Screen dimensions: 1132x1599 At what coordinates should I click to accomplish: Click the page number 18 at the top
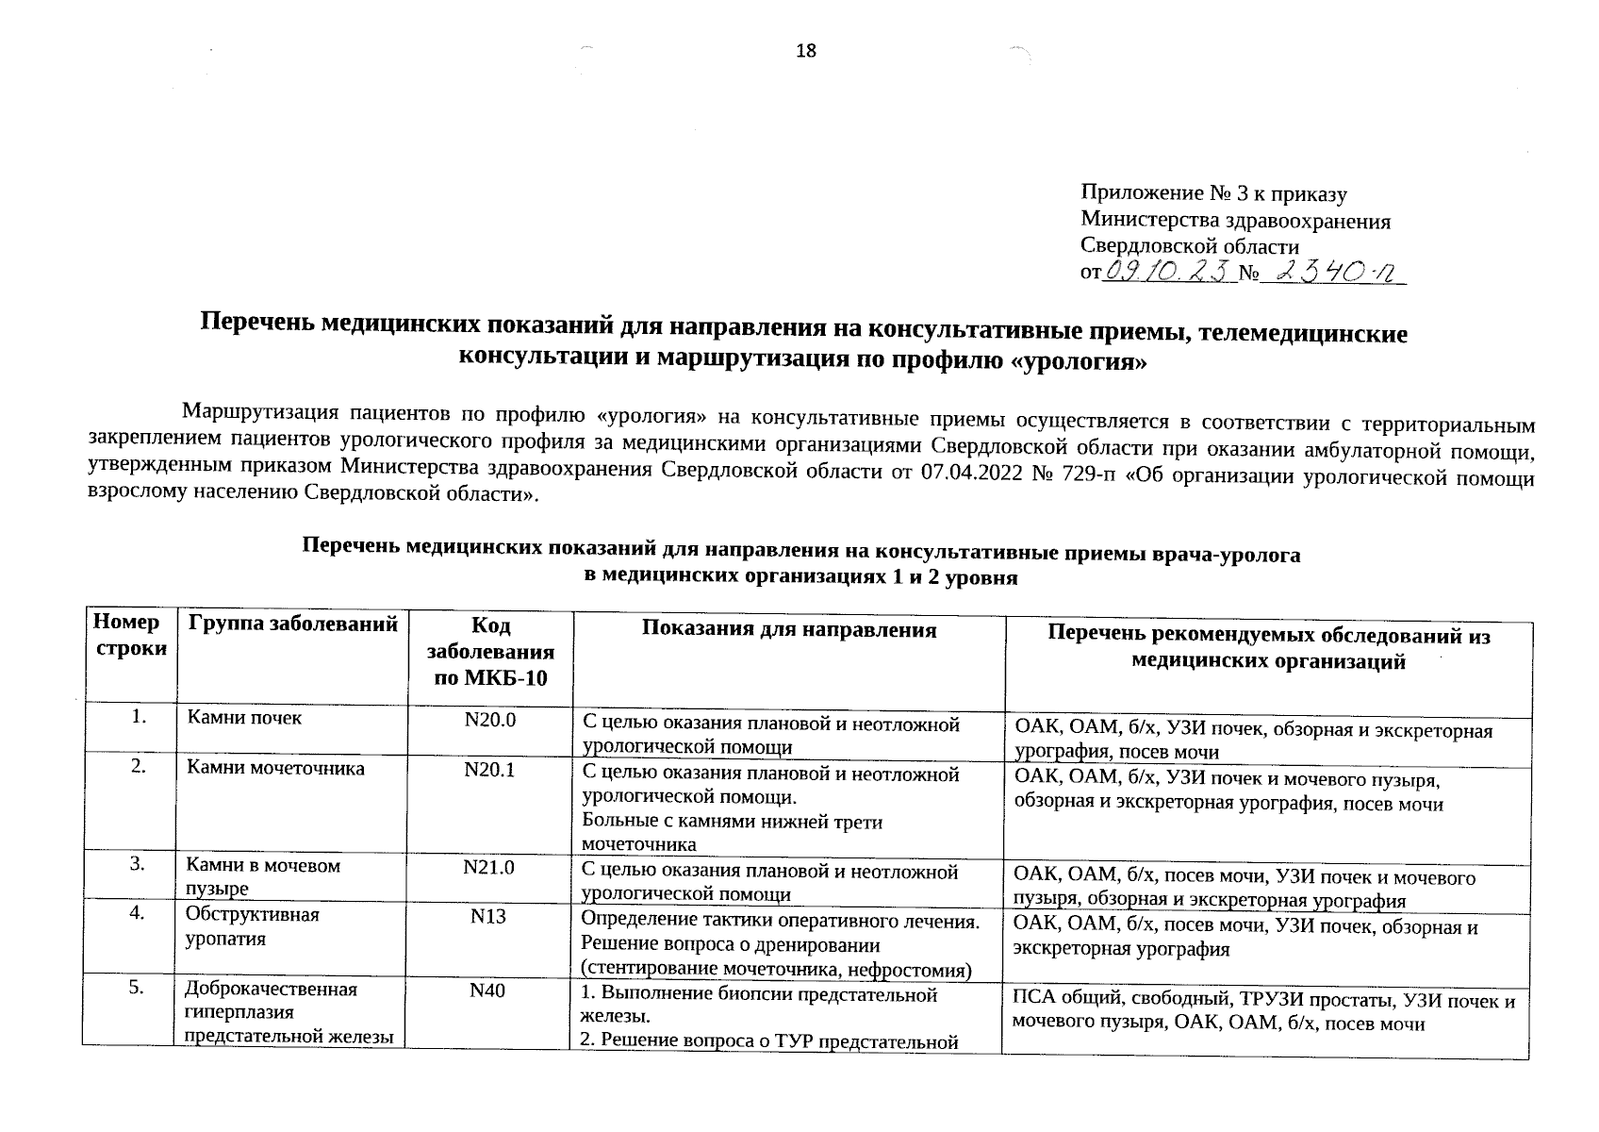click(805, 51)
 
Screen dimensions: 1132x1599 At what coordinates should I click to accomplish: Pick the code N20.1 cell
click(489, 770)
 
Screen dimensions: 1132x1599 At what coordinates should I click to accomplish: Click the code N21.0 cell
click(489, 867)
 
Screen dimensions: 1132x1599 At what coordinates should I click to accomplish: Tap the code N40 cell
click(488, 990)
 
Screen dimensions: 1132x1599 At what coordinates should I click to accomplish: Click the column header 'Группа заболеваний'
click(293, 624)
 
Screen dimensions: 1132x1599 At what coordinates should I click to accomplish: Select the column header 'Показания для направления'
click(789, 630)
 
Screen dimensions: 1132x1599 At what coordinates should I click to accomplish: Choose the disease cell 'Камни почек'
click(244, 718)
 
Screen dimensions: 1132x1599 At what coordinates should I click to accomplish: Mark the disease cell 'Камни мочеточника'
click(275, 768)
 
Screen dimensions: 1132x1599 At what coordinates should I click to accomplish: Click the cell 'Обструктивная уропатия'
click(252, 926)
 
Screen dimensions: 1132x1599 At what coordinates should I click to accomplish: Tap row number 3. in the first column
click(138, 864)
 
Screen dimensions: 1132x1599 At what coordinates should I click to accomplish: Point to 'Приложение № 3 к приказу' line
click(1213, 194)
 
